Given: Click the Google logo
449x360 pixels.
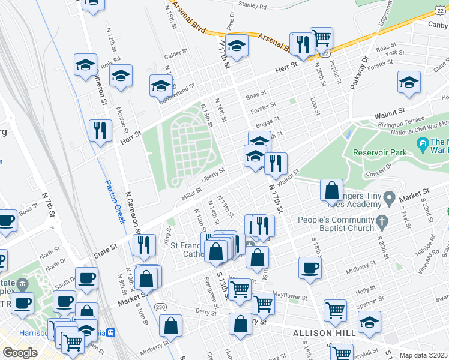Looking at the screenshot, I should coord(20,353).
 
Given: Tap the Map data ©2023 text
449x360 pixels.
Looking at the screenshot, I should coord(424,355).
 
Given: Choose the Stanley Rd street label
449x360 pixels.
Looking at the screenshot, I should coord(252,5).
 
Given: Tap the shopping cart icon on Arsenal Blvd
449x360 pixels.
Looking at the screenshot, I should coord(322,38).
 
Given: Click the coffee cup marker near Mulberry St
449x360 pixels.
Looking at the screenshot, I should coord(310,268).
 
